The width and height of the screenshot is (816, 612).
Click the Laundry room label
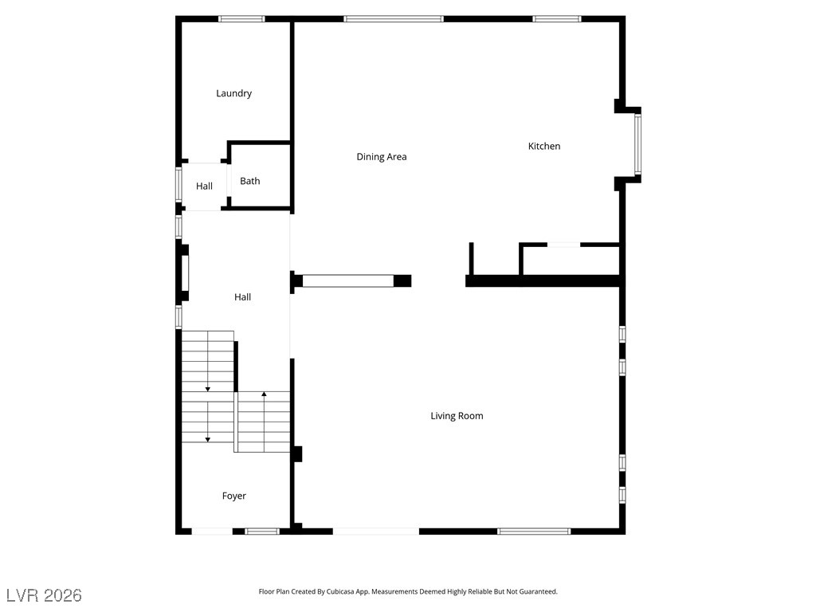[x=233, y=94]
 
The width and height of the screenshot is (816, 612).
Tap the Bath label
[x=249, y=181]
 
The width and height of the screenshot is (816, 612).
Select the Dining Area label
[x=382, y=157]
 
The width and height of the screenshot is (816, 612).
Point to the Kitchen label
[x=544, y=147]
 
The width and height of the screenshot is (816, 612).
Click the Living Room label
[x=457, y=416]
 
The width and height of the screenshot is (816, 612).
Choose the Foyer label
[x=234, y=496]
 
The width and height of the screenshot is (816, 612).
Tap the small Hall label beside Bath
[x=205, y=186]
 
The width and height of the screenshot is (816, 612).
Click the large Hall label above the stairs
[x=242, y=297]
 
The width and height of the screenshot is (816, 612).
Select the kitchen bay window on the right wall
[x=637, y=144]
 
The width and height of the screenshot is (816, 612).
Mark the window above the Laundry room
[x=241, y=19]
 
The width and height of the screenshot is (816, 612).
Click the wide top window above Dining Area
[x=394, y=19]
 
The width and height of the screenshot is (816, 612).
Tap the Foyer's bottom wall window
[x=261, y=532]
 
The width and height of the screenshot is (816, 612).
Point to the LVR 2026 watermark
[x=45, y=595]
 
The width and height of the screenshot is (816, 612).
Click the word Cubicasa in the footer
[x=340, y=592]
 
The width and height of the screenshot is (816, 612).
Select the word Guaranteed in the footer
[x=541, y=592]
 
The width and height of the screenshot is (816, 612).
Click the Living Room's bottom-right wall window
[x=534, y=532]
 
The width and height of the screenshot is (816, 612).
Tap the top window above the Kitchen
[x=557, y=19]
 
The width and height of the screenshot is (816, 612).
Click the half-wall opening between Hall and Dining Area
[x=348, y=281]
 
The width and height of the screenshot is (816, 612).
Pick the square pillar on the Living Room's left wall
[x=296, y=453]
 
